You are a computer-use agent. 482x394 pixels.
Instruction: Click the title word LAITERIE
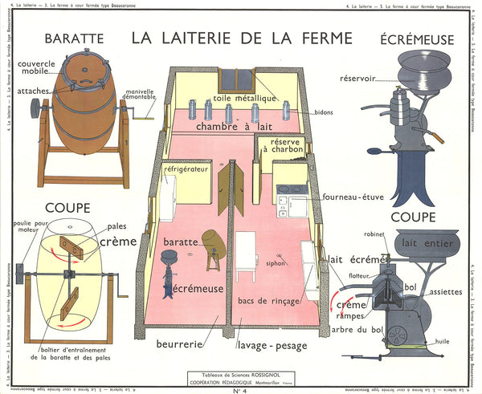coord(212,37)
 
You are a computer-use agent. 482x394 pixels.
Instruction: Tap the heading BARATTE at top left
coord(74,38)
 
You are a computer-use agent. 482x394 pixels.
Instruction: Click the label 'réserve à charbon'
coord(282,145)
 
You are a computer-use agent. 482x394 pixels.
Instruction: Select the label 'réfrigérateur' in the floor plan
coord(186,170)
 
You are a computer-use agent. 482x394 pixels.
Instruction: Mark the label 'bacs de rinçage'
coord(268,300)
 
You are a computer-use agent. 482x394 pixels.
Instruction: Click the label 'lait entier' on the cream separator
coord(421,242)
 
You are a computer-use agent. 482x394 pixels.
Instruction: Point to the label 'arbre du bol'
coord(368,329)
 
